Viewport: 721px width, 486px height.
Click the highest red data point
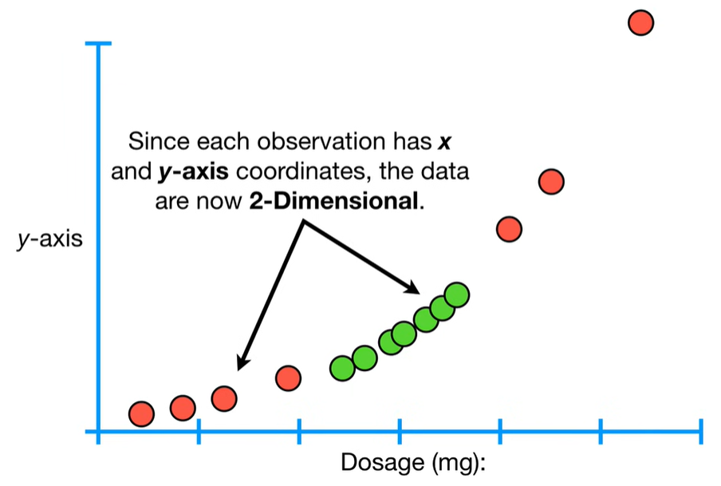click(x=641, y=22)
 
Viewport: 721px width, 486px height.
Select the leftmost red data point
click(x=141, y=413)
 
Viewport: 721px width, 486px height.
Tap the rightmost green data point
click(x=456, y=294)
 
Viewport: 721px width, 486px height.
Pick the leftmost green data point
click(x=342, y=368)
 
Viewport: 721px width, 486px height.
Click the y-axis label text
click(x=50, y=239)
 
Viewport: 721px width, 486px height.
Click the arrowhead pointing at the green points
click(x=412, y=286)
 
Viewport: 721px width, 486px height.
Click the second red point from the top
click(x=551, y=182)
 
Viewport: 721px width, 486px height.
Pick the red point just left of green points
click(x=288, y=377)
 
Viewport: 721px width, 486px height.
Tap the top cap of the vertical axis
click(x=99, y=45)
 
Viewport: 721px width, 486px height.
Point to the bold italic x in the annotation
click(x=445, y=144)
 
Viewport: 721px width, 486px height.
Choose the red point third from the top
click(x=509, y=229)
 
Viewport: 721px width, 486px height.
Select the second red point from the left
click(x=183, y=408)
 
